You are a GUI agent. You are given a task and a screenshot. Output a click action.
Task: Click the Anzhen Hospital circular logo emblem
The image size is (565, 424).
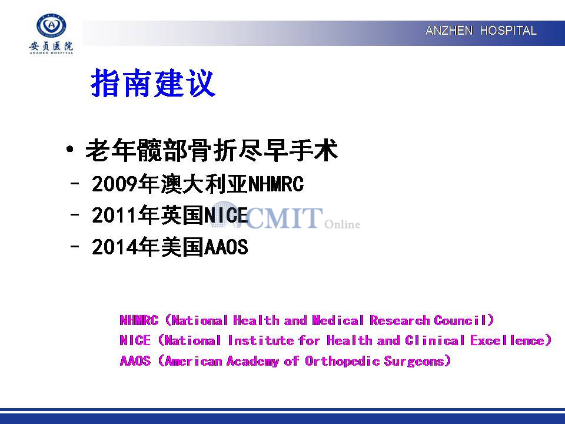51,25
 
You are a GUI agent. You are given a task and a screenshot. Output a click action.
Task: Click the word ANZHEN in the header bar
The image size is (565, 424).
448,31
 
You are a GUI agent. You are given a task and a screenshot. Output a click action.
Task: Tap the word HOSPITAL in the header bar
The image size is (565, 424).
508,31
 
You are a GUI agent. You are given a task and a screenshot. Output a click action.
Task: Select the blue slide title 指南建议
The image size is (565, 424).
153,83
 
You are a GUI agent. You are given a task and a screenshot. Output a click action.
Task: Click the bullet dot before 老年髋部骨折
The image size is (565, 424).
70,149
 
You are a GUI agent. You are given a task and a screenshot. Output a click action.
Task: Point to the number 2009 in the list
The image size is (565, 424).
115,184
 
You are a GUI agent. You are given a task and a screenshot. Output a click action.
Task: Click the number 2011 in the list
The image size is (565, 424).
115,216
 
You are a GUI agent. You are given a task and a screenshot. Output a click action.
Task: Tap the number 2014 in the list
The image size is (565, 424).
115,247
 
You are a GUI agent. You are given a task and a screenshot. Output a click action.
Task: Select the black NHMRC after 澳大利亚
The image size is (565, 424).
276,184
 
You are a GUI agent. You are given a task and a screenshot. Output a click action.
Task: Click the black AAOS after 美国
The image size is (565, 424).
226,247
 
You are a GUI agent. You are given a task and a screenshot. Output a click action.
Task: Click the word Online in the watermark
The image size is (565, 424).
342,224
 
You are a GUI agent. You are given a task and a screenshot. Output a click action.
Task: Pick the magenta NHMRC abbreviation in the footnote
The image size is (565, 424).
139,320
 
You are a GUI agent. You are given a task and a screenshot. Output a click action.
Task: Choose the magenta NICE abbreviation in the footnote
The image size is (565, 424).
135,340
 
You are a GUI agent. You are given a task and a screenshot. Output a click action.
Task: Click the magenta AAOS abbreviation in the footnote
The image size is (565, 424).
135,361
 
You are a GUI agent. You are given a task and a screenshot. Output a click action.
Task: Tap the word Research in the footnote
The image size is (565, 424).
400,320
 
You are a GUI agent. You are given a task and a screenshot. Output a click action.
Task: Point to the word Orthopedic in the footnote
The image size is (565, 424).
342,361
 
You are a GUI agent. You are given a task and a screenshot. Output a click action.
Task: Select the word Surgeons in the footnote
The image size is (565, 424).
414,361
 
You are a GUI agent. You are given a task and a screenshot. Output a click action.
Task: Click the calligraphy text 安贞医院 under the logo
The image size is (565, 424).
51,46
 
